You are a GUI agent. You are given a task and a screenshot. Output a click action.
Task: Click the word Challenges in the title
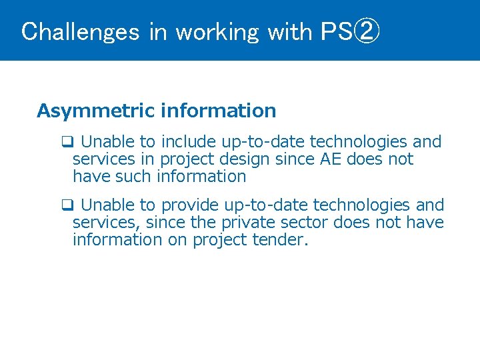pos(80,31)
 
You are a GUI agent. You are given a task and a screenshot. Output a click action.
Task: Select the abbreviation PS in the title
pos(335,31)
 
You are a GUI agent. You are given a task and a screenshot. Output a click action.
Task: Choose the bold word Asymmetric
pos(96,111)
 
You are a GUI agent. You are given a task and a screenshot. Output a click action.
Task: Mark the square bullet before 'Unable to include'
pos(67,142)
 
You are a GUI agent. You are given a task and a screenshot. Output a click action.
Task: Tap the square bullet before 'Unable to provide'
pos(67,205)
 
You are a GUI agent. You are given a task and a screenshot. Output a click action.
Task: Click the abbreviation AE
pos(331,159)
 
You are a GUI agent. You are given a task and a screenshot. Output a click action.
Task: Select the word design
pos(247,160)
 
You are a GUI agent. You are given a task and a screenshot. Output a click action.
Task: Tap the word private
pos(253,222)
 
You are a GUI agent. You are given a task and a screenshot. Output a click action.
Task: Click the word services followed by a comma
pos(107,222)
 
